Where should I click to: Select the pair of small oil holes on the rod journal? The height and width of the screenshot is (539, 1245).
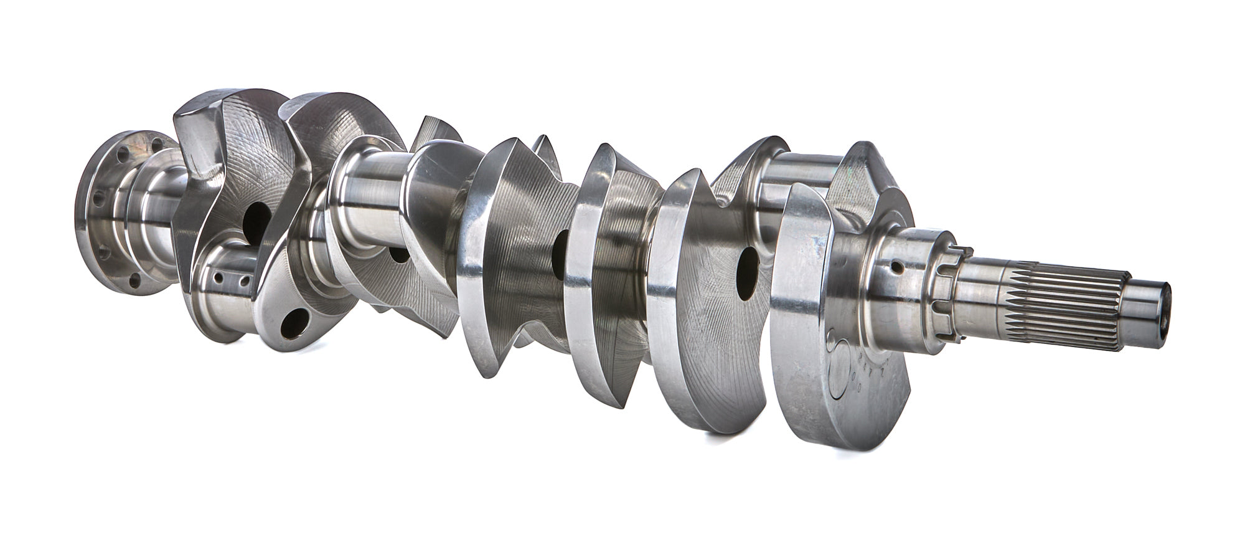(230, 280)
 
